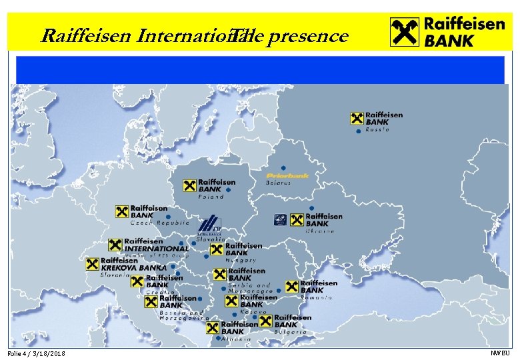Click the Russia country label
[x=377, y=130]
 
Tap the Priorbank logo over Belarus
[x=287, y=175]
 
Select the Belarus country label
[x=279, y=183]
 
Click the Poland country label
[x=211, y=197]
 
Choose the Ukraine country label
[x=319, y=231]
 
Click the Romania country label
[x=316, y=298]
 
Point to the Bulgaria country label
[x=290, y=331]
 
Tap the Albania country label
[x=233, y=339]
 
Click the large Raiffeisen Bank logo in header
[x=447, y=31]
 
